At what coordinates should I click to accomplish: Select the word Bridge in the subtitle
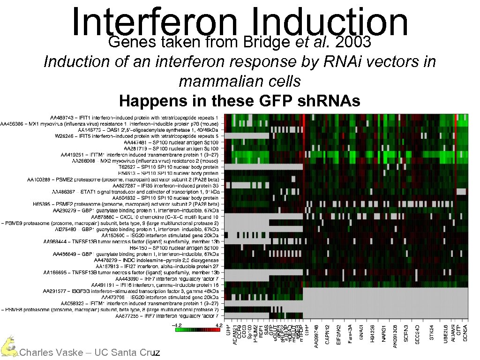(268, 42)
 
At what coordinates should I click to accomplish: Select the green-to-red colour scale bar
(197, 330)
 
